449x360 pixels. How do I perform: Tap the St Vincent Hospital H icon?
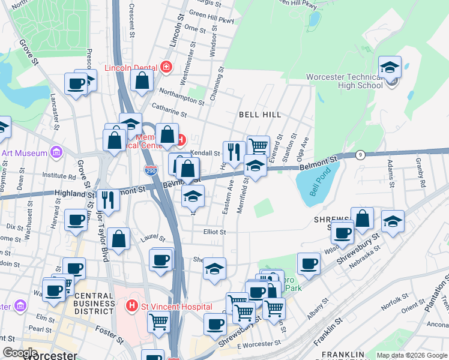[133, 306]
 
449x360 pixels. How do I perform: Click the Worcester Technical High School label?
[344, 81]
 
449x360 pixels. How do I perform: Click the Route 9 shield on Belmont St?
[360, 155]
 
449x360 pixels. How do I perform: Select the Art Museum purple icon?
[56, 153]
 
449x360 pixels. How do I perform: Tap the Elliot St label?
[214, 232]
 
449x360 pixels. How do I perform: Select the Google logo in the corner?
[20, 353]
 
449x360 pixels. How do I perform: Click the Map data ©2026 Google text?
[411, 355]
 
